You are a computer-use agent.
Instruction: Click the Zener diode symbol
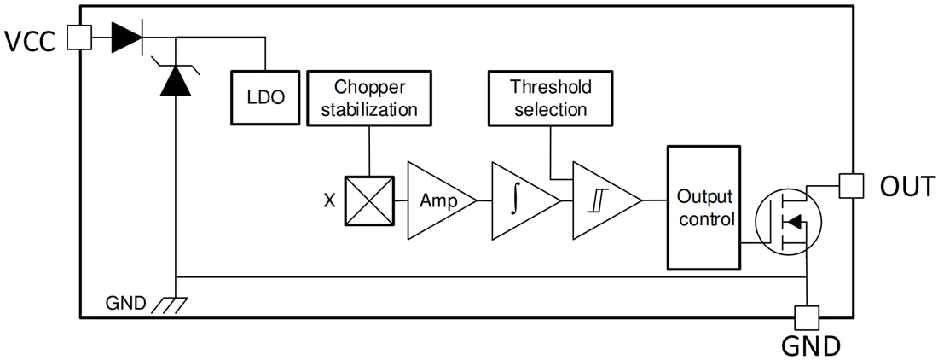pyautogui.click(x=174, y=78)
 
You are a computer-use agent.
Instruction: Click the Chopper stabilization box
pyautogui.click(x=368, y=98)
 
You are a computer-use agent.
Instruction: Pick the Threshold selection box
pyautogui.click(x=549, y=98)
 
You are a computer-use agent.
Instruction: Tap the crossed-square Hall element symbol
pyautogui.click(x=368, y=201)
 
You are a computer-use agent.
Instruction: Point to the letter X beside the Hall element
pyautogui.click(x=328, y=201)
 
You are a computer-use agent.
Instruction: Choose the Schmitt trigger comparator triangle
pyautogui.click(x=601, y=201)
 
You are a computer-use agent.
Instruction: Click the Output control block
pyautogui.click(x=704, y=206)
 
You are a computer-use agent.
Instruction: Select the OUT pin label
pyautogui.click(x=906, y=185)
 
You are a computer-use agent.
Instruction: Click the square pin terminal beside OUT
pyautogui.click(x=851, y=185)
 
